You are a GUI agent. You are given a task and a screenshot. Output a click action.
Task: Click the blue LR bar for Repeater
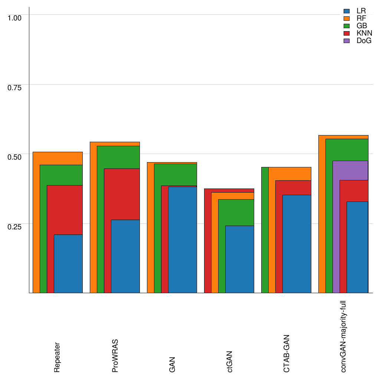click(x=68, y=263)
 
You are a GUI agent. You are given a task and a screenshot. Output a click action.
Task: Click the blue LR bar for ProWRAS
click(x=125, y=256)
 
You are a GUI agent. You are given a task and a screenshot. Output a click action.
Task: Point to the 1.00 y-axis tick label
click(x=15, y=17)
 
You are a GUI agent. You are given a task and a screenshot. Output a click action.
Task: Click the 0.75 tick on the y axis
click(x=15, y=87)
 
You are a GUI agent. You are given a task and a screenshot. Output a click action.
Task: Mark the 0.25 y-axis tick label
click(x=15, y=226)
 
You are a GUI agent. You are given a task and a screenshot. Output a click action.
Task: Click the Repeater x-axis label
click(x=57, y=357)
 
